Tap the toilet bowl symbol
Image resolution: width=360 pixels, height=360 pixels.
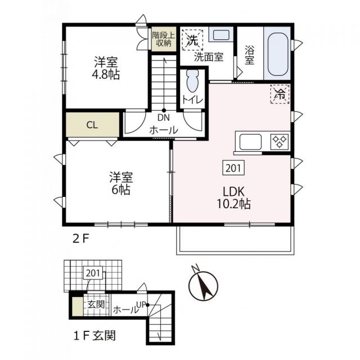(x=191, y=83)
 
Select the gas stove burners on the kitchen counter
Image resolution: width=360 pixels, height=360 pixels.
(x=280, y=141)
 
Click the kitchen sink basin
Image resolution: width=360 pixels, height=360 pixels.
(x=248, y=141)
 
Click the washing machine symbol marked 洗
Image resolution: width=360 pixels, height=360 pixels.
(x=192, y=40)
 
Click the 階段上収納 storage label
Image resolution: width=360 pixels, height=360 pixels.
(x=164, y=39)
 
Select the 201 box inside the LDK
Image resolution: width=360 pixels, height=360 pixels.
(x=234, y=168)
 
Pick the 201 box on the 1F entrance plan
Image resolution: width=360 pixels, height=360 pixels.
(x=93, y=274)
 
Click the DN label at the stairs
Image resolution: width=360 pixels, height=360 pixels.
(x=164, y=118)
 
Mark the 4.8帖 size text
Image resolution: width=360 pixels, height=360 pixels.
(x=106, y=74)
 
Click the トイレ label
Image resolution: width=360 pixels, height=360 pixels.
(x=191, y=100)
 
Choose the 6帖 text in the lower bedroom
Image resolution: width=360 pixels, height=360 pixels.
(x=120, y=190)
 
